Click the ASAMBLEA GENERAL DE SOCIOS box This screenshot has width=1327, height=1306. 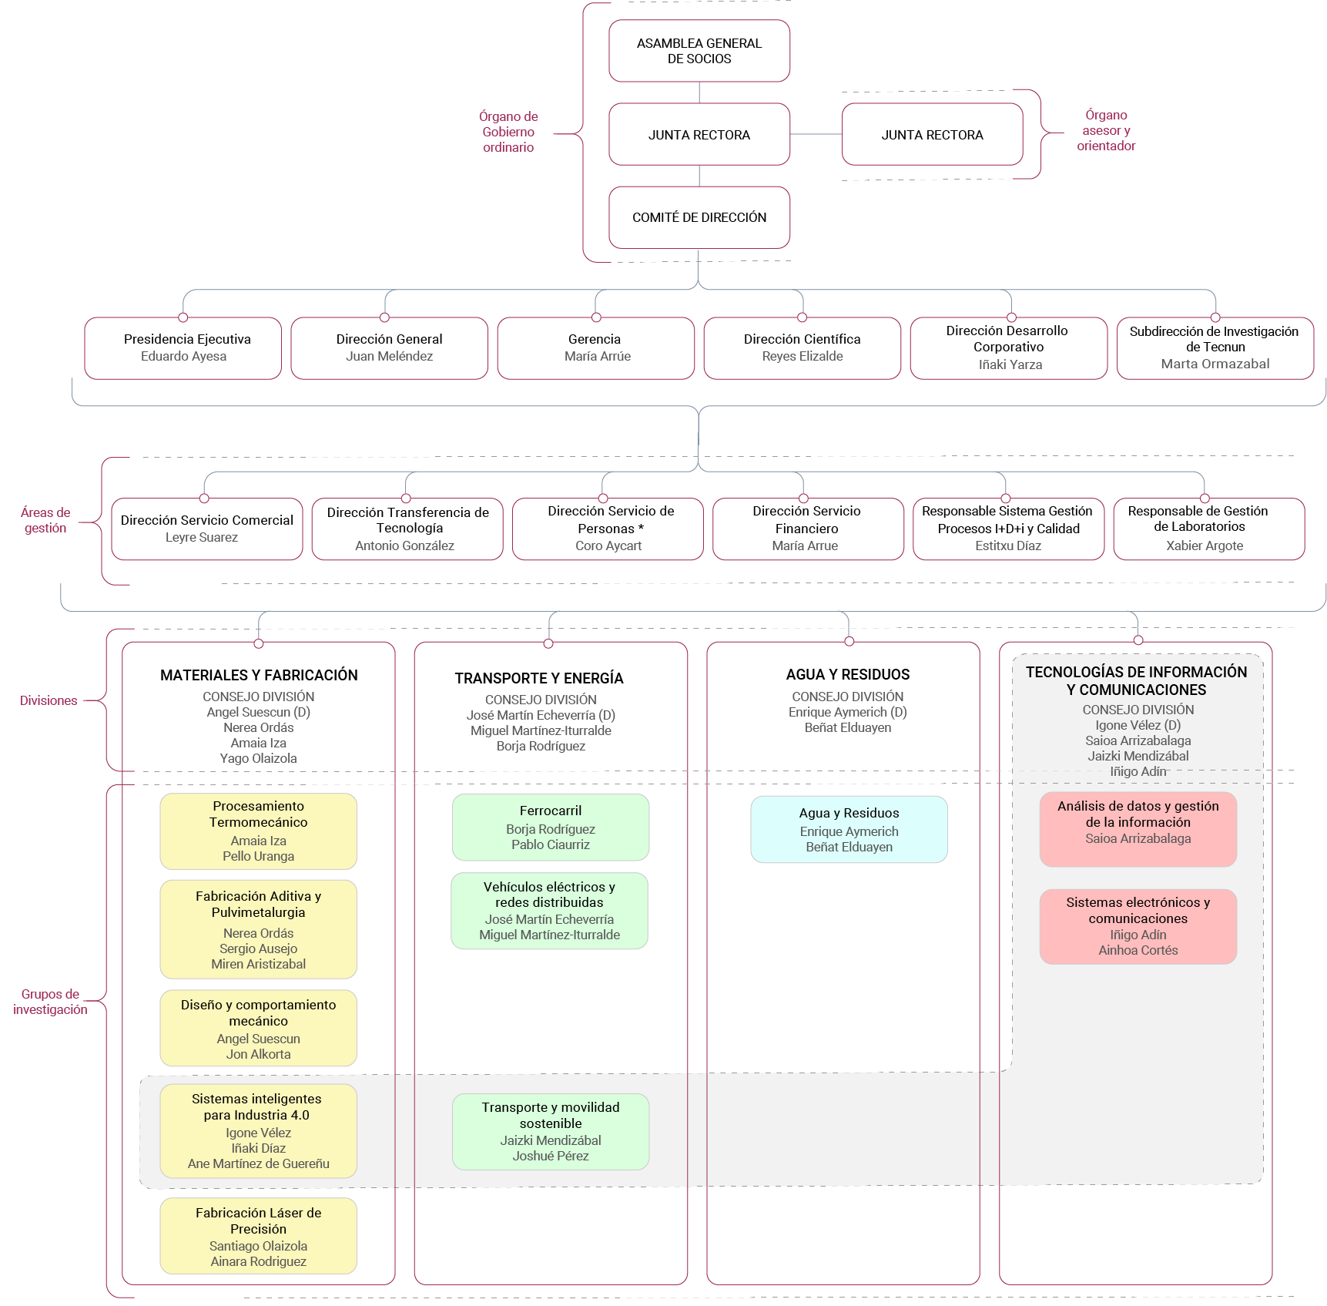[699, 51]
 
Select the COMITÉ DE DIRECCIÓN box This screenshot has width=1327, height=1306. [699, 217]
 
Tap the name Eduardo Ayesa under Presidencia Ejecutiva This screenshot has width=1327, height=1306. [183, 356]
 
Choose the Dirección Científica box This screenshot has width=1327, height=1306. [802, 348]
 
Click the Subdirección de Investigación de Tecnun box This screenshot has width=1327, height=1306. [1215, 348]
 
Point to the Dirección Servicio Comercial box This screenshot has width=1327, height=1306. [207, 529]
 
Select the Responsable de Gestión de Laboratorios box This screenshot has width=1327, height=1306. [1209, 529]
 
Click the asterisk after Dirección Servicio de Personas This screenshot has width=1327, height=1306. [641, 528]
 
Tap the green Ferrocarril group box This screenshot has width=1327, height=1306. [551, 827]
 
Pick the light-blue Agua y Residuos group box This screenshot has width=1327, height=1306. [849, 829]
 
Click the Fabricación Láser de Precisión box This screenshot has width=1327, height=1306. [259, 1235]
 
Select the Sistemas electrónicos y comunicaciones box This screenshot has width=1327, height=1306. [1138, 926]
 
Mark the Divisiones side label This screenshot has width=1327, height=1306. [49, 700]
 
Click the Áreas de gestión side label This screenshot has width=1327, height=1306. [45, 520]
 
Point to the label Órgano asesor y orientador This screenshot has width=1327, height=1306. [1106, 130]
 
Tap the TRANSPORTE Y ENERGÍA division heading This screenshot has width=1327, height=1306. [539, 678]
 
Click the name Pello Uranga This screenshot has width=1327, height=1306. [259, 856]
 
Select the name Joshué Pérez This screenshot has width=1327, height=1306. [551, 1156]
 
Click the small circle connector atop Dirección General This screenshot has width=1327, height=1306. [384, 317]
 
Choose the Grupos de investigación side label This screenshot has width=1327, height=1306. [50, 1002]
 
